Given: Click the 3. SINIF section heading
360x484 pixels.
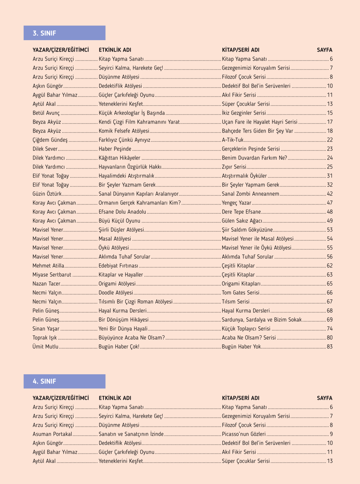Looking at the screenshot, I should pos(44,33).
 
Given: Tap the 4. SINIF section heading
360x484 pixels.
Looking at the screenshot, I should pos(44,381).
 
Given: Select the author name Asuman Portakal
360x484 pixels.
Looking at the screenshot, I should pos(52,434).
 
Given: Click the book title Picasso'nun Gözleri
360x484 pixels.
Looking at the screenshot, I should pos(244,434).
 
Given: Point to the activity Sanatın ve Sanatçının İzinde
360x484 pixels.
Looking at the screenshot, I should pos(131,434).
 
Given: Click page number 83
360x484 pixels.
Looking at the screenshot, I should pos(330,347).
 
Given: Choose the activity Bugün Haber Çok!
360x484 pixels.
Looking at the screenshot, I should pos(119,347).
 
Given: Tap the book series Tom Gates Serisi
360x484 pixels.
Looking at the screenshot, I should pos(240,293).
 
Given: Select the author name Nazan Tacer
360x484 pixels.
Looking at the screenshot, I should pos(46,284).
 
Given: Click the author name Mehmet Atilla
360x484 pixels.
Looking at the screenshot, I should pos(48,266).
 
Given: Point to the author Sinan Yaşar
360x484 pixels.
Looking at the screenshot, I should pos(46,329).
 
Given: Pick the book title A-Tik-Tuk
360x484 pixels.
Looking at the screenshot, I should pos(233,140).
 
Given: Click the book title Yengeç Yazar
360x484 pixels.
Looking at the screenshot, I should pos(236,203).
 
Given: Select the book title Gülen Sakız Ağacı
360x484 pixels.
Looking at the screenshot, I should pos(242,221).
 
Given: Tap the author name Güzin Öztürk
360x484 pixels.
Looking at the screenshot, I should pos(47,194).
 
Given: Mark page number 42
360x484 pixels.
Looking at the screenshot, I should pos(330,194).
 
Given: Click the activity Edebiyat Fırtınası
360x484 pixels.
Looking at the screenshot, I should pos(118,266).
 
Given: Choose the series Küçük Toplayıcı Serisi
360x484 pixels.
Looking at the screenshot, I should pos(246,329).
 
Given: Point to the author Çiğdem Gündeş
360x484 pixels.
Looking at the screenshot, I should pos(50,140).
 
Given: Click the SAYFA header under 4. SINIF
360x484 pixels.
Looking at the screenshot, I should pos(324,398).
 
